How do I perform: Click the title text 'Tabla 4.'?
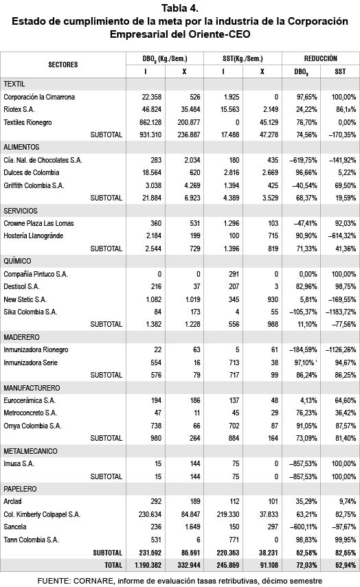pyautogui.click(x=179, y=8)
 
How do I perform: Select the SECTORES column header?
pyautogui.click(x=63, y=65)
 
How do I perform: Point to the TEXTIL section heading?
pyautogui.click(x=14, y=83)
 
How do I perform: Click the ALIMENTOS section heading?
pyautogui.click(x=21, y=148)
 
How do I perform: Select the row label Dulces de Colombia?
pyautogui.click(x=32, y=172)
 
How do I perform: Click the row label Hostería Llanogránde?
pyautogui.click(x=38, y=235)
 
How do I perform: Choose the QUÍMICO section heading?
pyautogui.click(x=19, y=261)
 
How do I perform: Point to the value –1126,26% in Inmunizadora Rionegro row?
pyautogui.click(x=340, y=349)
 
